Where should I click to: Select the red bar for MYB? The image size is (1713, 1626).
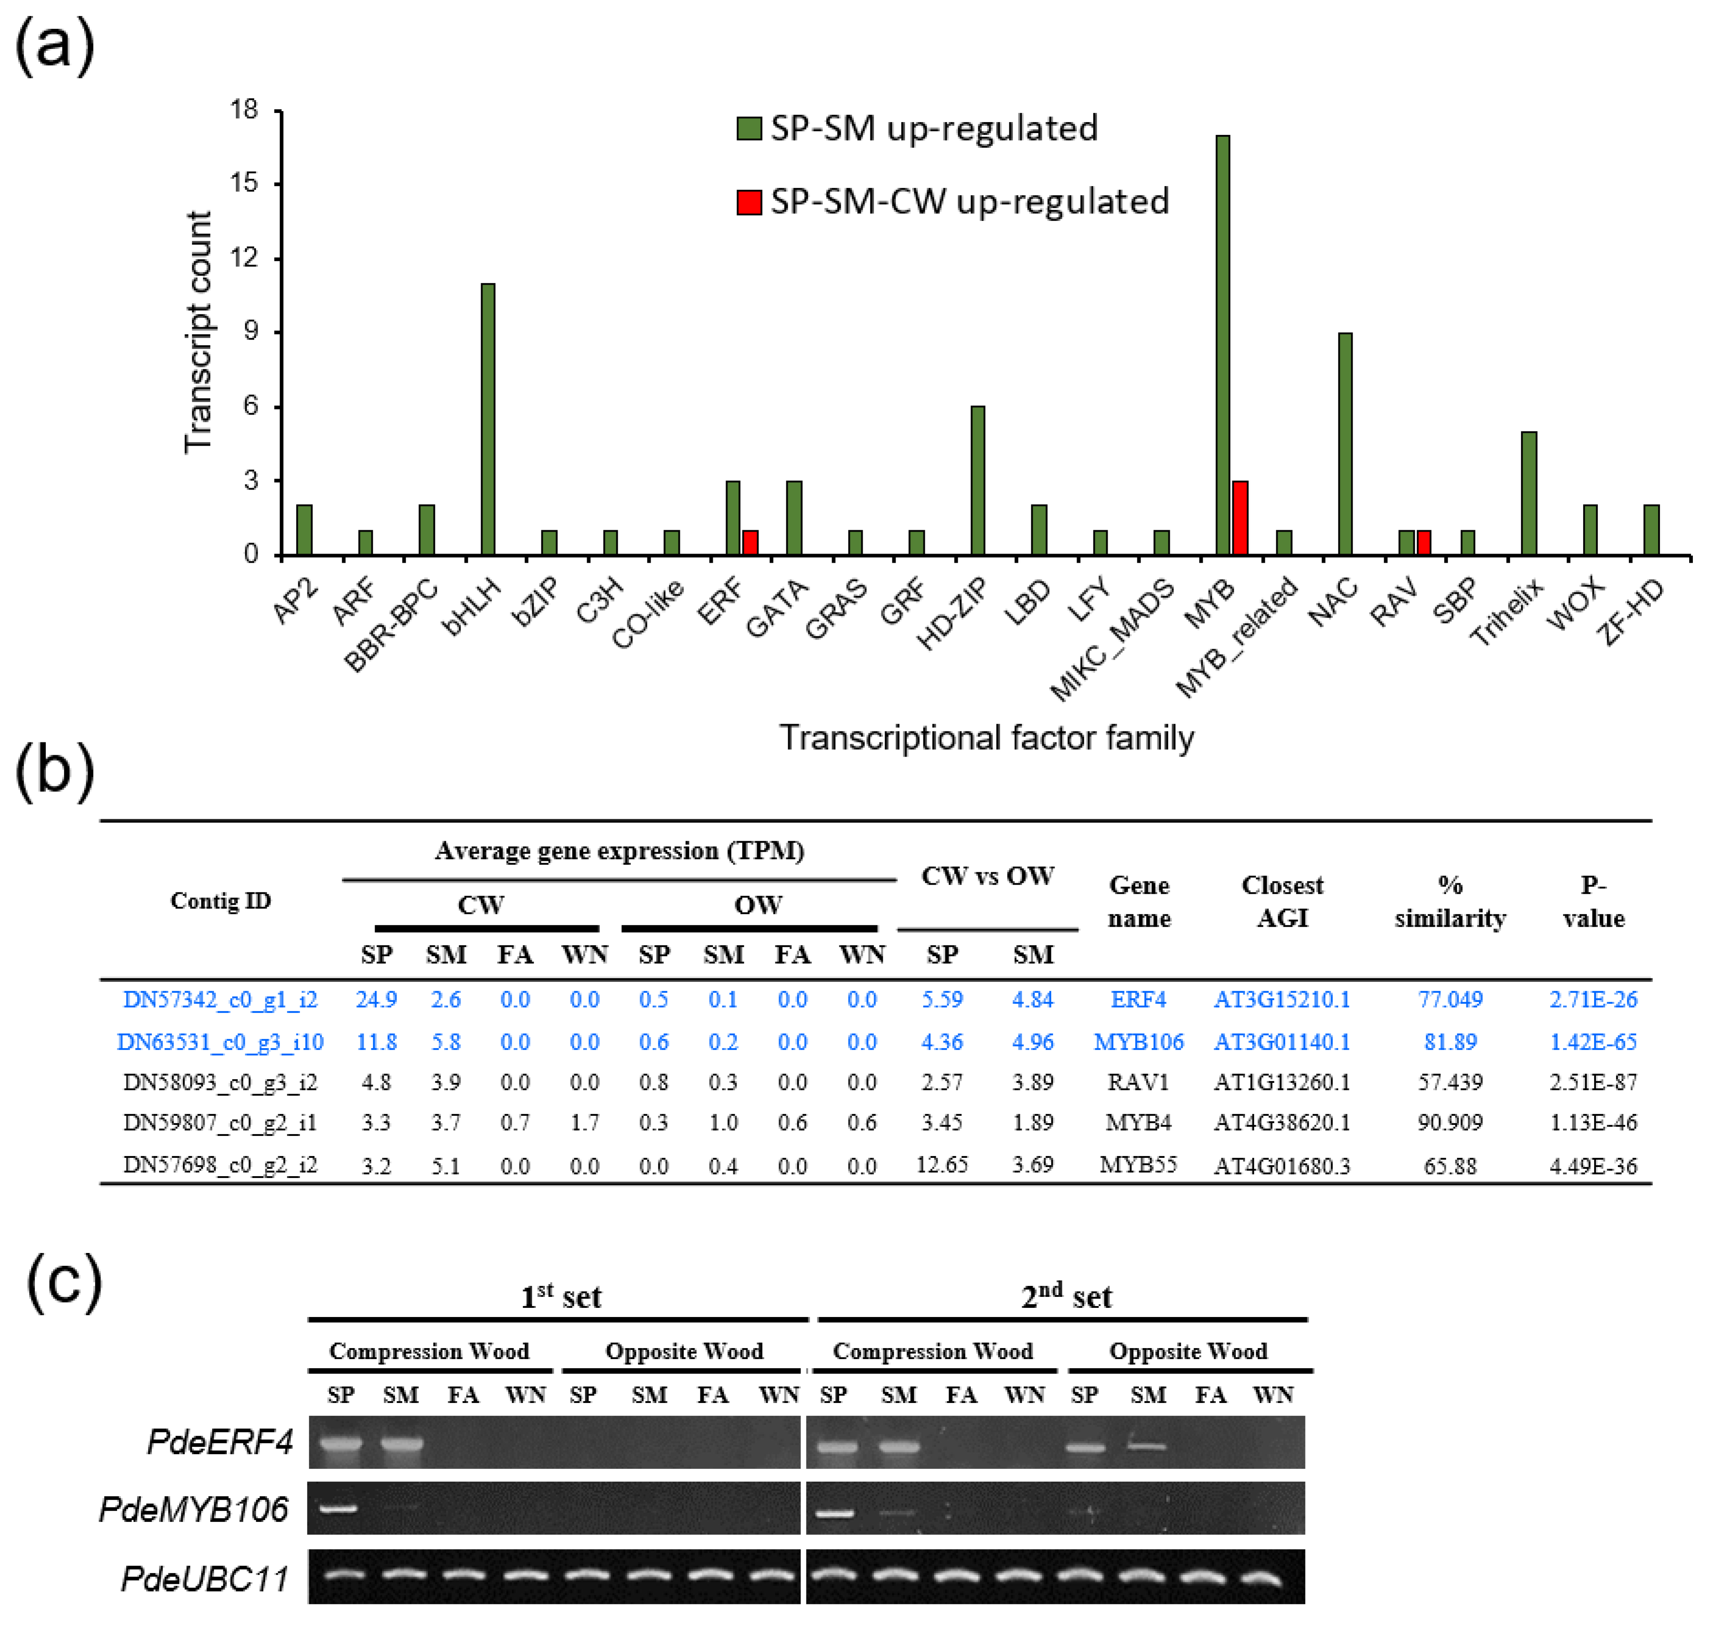click(x=1240, y=518)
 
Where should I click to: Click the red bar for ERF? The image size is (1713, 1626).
click(x=750, y=543)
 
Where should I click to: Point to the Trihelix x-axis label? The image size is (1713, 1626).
click(x=1508, y=612)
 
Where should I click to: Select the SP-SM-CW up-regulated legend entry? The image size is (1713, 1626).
click(x=953, y=201)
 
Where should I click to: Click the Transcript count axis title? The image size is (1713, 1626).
click(x=198, y=332)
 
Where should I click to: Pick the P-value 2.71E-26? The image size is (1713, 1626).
click(x=1592, y=999)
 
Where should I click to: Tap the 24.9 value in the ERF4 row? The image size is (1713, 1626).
click(x=376, y=999)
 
